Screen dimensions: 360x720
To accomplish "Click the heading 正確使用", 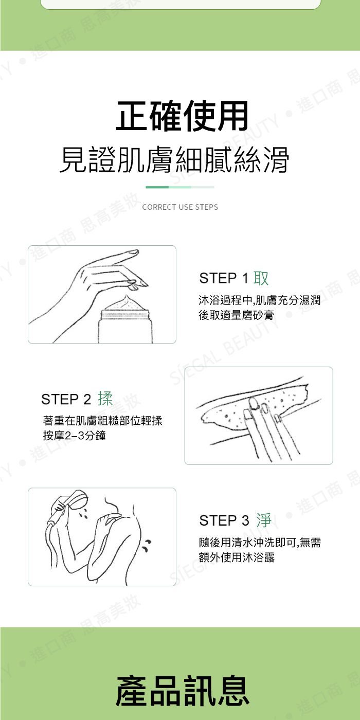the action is click(182, 116).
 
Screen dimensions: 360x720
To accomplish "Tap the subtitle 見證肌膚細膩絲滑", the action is click(174, 160).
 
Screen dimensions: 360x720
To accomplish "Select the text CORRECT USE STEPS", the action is click(180, 207).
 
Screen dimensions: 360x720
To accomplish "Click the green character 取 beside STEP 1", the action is click(261, 278).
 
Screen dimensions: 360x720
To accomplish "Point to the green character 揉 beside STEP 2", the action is click(105, 399).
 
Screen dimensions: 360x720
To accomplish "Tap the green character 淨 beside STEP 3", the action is click(264, 520).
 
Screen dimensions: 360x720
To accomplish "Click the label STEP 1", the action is click(224, 278).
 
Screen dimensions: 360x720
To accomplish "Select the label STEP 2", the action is click(66, 399).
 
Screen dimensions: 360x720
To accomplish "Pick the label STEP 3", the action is click(224, 520).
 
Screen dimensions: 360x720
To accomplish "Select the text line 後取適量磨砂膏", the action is click(236, 315).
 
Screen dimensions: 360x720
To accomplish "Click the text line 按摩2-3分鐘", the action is click(75, 436).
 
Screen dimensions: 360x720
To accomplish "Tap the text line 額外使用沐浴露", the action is click(237, 557).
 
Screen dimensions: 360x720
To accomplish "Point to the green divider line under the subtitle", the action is click(180, 187).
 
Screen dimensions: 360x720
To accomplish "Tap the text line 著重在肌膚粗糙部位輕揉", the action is click(102, 421).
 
